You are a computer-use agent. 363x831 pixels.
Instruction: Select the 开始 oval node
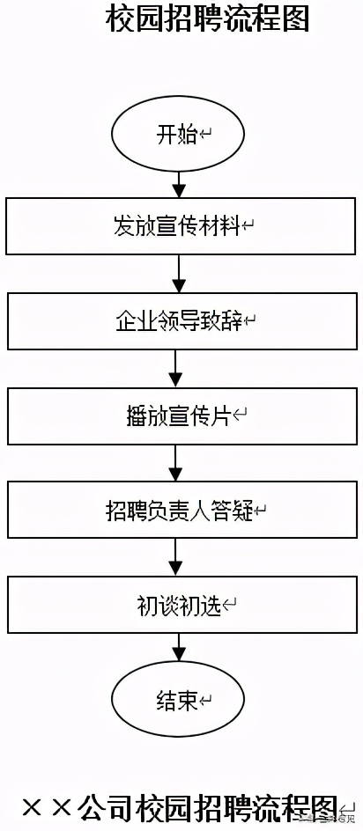pyautogui.click(x=177, y=136)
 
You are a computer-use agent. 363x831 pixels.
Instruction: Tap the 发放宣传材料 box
pyautogui.click(x=179, y=226)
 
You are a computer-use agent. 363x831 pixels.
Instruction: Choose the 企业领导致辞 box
pyautogui.click(x=180, y=320)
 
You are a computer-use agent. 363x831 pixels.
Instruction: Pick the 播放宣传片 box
pyautogui.click(x=180, y=415)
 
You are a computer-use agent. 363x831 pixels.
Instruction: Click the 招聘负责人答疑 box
pyautogui.click(x=180, y=510)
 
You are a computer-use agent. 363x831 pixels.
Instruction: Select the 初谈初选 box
pyautogui.click(x=180, y=605)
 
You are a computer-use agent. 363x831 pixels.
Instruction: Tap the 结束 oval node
pyautogui.click(x=177, y=701)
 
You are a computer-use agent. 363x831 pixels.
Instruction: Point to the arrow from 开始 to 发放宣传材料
pyautogui.click(x=179, y=184)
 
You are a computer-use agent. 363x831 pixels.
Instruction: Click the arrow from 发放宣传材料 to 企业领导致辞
pyautogui.click(x=179, y=274)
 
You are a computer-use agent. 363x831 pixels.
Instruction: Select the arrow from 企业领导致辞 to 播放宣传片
pyautogui.click(x=177, y=368)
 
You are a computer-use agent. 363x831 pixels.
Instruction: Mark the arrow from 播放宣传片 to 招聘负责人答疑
pyautogui.click(x=177, y=463)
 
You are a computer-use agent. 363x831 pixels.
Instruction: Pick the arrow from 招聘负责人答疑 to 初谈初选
pyautogui.click(x=177, y=557)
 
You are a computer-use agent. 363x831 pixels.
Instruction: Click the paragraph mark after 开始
pyautogui.click(x=206, y=136)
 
